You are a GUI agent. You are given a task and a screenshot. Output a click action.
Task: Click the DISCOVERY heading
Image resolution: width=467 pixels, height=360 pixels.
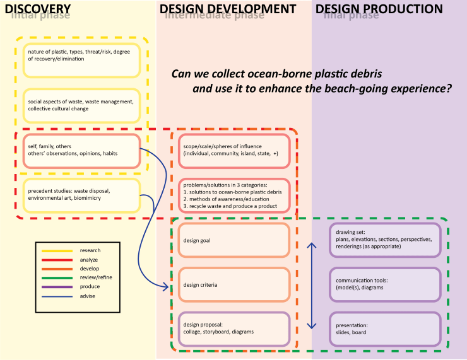tap(37, 9)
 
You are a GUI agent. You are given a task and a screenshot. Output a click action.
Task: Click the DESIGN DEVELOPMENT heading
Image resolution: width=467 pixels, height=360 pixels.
tap(228, 9)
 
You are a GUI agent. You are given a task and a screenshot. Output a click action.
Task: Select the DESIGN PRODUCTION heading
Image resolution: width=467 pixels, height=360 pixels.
tap(379, 9)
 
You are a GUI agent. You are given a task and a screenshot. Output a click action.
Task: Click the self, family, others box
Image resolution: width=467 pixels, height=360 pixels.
tap(81, 151)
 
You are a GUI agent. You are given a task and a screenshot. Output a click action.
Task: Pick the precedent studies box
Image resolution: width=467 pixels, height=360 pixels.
tap(81, 195)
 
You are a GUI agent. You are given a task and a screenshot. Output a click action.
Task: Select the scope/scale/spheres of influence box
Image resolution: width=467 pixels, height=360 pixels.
tap(233, 151)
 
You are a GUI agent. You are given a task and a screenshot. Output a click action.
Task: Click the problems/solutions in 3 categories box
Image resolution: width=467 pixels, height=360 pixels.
tap(233, 195)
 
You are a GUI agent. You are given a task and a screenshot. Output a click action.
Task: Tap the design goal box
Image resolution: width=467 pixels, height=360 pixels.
tap(233, 240)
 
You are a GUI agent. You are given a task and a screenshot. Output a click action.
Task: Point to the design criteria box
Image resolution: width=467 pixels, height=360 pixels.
tap(233, 285)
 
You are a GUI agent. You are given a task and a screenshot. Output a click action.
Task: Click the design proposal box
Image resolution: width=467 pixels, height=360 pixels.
tap(233, 330)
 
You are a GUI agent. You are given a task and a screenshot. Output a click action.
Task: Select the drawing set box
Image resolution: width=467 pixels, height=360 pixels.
tap(384, 240)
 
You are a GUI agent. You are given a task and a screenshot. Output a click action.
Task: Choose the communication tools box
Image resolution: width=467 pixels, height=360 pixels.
tap(384, 285)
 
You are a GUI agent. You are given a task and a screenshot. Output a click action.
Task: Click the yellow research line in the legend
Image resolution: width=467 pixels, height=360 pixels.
tap(54, 251)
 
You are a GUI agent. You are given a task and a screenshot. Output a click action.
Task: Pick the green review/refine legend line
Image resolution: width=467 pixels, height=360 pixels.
tap(54, 277)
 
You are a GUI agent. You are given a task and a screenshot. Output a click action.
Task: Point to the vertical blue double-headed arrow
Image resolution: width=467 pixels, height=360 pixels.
tap(311, 285)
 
